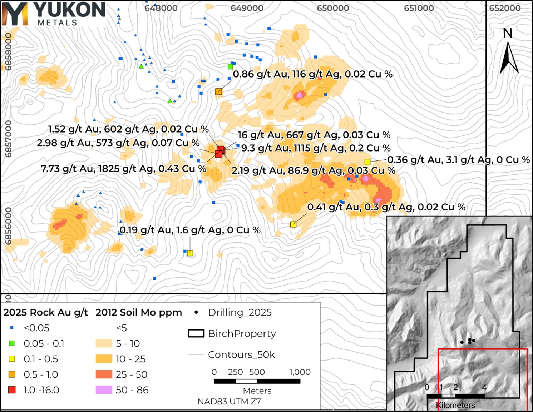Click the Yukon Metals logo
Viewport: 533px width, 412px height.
(54, 14)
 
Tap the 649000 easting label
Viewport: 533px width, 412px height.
(247, 8)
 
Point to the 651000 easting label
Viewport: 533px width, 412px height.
(419, 8)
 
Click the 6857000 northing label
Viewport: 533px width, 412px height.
(8, 139)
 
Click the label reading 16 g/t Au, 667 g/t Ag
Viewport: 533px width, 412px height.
(314, 135)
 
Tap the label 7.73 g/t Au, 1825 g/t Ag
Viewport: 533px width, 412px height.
(123, 169)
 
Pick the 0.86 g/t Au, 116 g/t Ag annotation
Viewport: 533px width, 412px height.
(312, 74)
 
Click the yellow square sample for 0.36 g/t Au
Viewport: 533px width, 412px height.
(367, 162)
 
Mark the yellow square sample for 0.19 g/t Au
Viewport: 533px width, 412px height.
(190, 253)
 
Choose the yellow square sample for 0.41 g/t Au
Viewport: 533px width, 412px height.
(293, 224)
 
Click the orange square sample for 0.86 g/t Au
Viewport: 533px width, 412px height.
(218, 92)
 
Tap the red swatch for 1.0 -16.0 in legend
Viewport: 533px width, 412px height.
(12, 390)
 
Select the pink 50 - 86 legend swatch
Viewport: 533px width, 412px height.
(104, 390)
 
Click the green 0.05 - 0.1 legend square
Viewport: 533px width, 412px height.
(12, 343)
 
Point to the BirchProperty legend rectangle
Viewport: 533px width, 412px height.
(196, 333)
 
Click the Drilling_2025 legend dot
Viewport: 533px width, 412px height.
(196, 312)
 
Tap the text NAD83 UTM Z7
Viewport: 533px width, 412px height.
(229, 402)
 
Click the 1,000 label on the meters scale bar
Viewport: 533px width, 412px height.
(300, 372)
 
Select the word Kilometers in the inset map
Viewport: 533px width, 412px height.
(455, 405)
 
